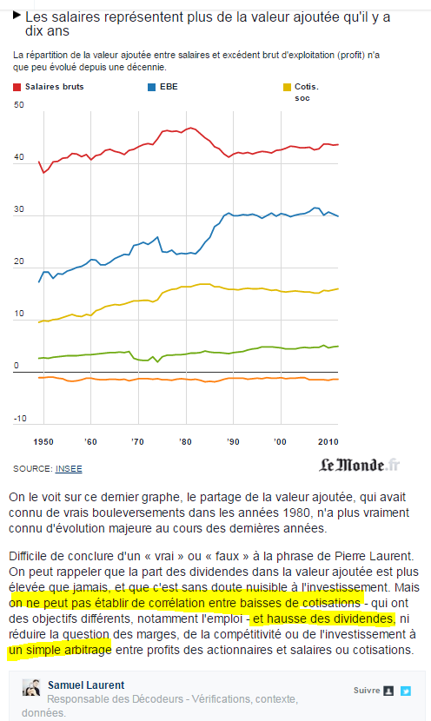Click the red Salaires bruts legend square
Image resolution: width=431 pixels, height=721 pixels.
click(x=17, y=87)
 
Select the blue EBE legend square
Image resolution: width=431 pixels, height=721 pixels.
click(x=151, y=87)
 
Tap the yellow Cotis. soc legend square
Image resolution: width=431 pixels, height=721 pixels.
click(x=287, y=87)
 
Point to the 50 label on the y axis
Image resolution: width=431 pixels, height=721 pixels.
click(x=19, y=105)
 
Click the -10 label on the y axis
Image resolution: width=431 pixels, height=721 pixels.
click(x=20, y=419)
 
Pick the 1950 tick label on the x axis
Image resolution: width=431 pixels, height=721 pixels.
click(x=43, y=442)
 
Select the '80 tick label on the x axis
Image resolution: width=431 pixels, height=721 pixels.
click(x=185, y=442)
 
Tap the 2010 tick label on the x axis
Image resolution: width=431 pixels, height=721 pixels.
click(x=328, y=442)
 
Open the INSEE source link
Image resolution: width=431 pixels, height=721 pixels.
click(x=69, y=469)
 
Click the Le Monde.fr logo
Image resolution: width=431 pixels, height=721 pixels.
click(x=359, y=465)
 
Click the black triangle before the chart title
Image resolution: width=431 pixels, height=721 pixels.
click(x=17, y=15)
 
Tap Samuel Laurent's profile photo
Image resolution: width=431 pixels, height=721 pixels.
click(x=31, y=687)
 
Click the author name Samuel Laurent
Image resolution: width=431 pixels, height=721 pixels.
click(x=86, y=685)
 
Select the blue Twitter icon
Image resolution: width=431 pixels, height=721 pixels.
click(x=405, y=691)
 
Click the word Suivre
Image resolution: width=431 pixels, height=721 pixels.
click(x=367, y=691)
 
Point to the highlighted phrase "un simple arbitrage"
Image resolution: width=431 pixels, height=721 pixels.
click(x=60, y=650)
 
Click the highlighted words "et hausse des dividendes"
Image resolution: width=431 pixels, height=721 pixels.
click(x=323, y=618)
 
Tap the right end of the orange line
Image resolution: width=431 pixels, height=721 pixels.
click(x=338, y=379)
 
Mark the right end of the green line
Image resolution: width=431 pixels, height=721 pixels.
click(x=338, y=346)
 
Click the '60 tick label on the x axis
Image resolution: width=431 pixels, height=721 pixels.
click(x=90, y=442)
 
